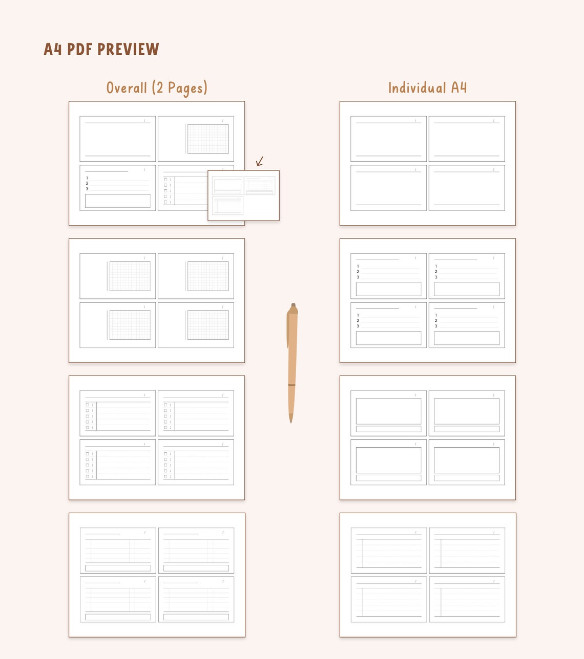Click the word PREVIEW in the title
[128, 49]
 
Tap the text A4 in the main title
[53, 49]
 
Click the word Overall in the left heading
[127, 88]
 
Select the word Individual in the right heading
[417, 88]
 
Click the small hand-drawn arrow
[260, 162]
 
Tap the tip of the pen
[291, 421]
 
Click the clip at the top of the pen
[288, 327]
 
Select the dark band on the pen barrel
[291, 385]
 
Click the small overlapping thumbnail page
[243, 195]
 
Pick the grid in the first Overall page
[208, 139]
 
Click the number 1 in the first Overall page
[87, 178]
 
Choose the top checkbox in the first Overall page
[165, 180]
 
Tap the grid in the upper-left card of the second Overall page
[130, 276]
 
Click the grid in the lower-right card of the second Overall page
[208, 325]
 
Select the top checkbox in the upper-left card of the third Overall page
[87, 405]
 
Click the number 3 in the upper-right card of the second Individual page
[436, 277]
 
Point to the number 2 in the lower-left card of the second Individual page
[358, 321]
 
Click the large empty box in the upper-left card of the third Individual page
[388, 411]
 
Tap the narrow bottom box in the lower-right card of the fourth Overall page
[196, 617]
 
